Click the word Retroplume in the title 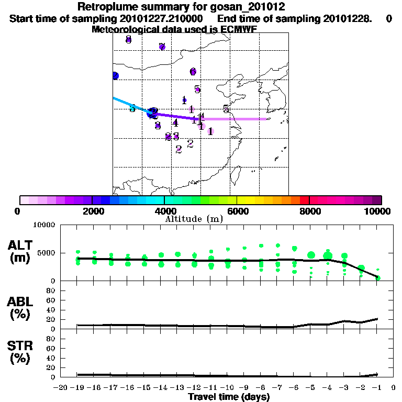[x=105, y=7]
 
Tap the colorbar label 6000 [x=237, y=211]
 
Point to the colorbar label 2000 [x=92, y=211]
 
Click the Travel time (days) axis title [x=229, y=397]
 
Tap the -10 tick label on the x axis [x=227, y=388]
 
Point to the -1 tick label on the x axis [x=376, y=388]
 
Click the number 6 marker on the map [x=193, y=71]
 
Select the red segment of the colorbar [x=304, y=200]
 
